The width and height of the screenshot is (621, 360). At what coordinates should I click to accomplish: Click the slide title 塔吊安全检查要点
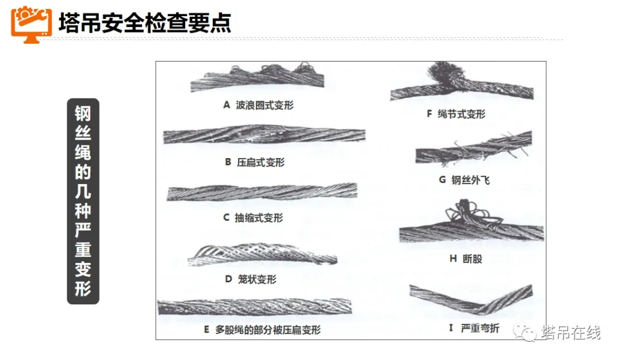tap(145, 22)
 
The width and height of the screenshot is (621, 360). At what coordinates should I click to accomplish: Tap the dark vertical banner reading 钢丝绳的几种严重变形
tap(83, 201)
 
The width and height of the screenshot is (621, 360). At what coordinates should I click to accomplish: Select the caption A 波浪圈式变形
tap(258, 105)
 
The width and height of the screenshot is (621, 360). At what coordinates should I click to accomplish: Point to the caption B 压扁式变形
tap(254, 162)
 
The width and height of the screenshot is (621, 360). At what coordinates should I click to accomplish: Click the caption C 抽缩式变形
tap(252, 218)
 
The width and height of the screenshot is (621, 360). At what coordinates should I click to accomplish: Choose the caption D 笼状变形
tap(250, 279)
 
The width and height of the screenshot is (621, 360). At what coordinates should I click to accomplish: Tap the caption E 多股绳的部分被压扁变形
tap(262, 330)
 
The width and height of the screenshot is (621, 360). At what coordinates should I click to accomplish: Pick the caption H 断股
tap(465, 259)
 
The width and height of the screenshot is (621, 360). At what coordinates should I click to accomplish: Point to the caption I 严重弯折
tap(473, 329)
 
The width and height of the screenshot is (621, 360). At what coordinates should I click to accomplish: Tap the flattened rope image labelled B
tap(264, 136)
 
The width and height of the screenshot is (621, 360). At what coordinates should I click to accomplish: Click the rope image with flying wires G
tap(472, 150)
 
